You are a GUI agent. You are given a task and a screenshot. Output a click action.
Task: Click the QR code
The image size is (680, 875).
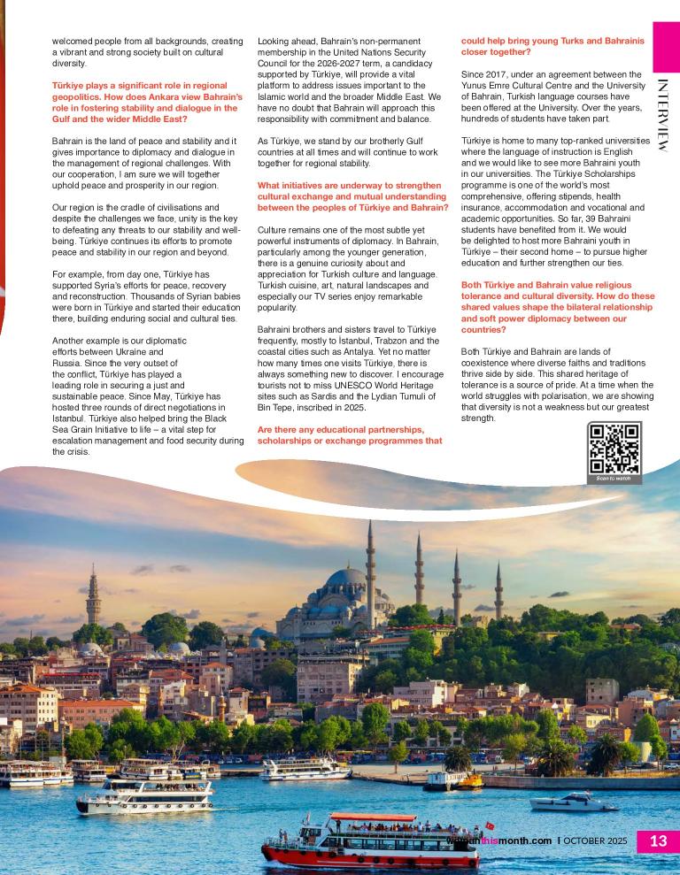pos(614,449)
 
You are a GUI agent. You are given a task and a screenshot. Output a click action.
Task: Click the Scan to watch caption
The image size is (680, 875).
pos(614,479)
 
